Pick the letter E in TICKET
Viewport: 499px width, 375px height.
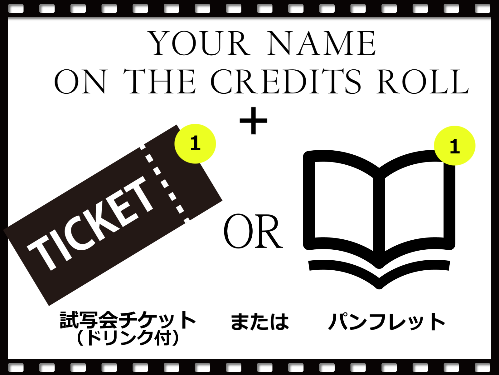tap(124, 206)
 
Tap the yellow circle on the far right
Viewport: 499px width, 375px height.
tap(455, 146)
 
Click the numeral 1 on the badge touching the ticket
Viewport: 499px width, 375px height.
tap(195, 143)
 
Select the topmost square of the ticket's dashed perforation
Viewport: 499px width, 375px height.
tap(149, 157)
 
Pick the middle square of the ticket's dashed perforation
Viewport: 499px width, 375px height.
tap(165, 184)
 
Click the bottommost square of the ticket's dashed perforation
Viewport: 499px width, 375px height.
tap(180, 209)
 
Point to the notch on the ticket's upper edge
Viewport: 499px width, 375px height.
tap(142, 146)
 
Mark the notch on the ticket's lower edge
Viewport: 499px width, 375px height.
tap(187, 221)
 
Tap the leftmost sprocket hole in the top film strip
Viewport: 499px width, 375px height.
tap(16, 9)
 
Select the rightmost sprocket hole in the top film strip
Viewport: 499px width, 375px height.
tap(482, 9)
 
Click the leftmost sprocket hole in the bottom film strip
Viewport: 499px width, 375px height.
tap(16, 367)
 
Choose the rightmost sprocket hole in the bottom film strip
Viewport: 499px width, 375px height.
tap(482, 367)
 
